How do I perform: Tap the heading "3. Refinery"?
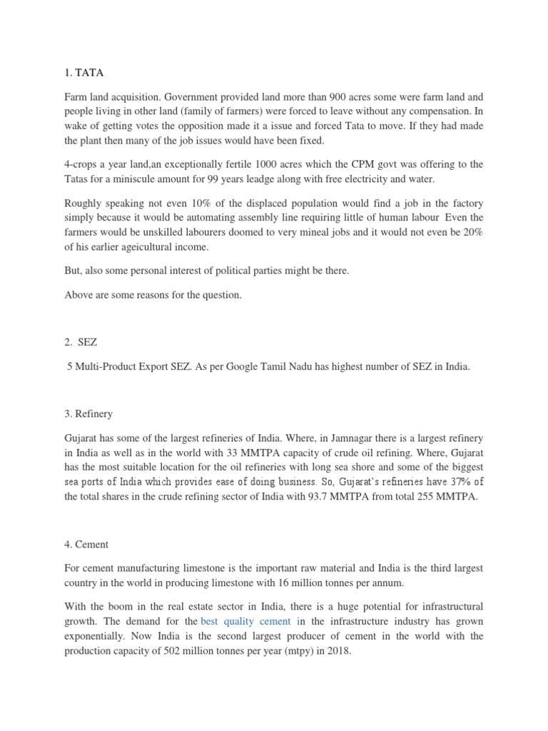[x=88, y=414]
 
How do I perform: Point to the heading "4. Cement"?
[x=86, y=544]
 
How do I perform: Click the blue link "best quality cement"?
[x=246, y=621]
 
